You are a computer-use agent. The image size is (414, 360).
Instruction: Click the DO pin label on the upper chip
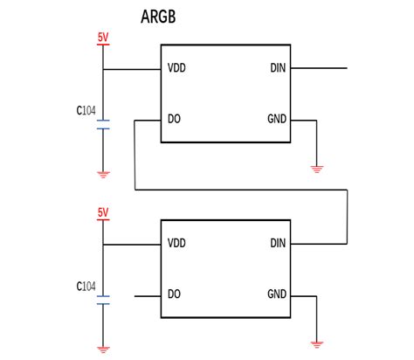point(174,120)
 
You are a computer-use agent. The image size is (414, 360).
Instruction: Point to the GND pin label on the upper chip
point(276,120)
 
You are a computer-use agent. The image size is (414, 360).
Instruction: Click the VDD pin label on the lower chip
point(177,244)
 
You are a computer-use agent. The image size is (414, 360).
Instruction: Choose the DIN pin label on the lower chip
point(278,244)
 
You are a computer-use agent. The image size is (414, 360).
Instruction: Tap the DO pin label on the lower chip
point(174,294)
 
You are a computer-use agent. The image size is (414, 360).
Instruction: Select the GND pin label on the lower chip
point(276,294)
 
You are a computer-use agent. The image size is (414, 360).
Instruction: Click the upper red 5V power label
point(103,38)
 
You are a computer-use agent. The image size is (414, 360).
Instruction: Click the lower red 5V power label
point(103,212)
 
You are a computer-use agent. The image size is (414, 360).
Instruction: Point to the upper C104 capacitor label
point(86,111)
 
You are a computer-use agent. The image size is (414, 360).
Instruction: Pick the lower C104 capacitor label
point(86,286)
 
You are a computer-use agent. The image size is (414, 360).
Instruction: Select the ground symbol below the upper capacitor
point(103,174)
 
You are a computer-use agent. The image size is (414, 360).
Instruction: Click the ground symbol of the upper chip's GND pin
point(316,168)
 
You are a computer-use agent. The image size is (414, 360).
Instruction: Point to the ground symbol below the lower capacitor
point(103,349)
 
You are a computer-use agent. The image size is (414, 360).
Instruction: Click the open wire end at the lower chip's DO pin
point(135,294)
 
